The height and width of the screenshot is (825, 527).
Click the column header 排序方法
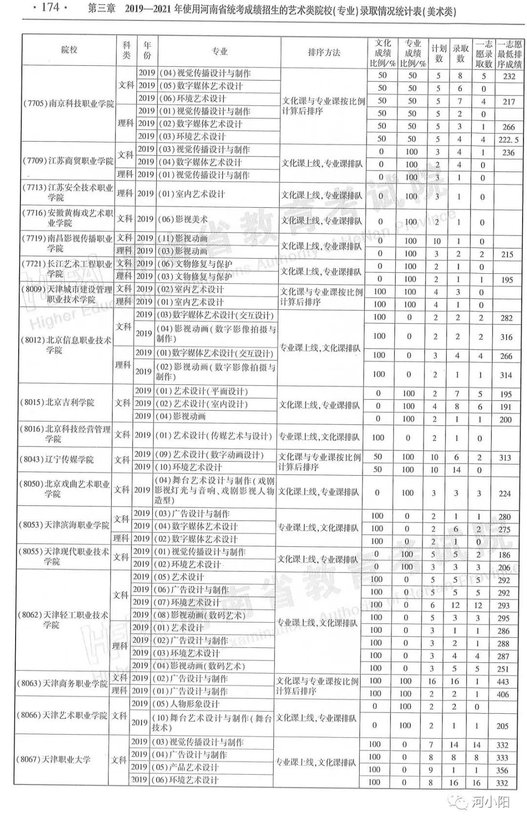click(324, 52)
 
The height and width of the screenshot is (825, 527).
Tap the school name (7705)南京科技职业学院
click(69, 104)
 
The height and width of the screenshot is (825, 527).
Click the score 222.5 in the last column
click(508, 140)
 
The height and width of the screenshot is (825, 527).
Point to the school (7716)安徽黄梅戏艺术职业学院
click(67, 218)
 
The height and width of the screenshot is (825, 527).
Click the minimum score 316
click(507, 337)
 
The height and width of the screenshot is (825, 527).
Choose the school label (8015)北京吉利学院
click(57, 402)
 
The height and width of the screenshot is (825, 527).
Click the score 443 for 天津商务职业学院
click(503, 682)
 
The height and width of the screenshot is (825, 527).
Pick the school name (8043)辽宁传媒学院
click(57, 460)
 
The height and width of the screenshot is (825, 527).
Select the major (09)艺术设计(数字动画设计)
click(209, 455)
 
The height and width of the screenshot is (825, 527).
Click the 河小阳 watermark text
click(491, 802)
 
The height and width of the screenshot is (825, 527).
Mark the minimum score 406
click(503, 694)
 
